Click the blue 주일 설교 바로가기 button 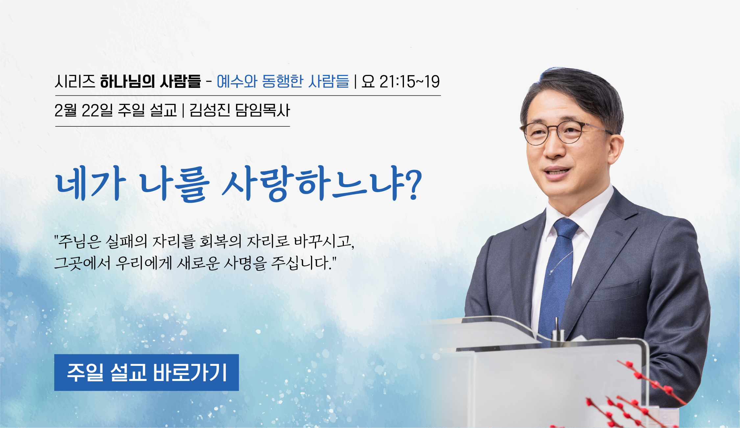pyautogui.click(x=146, y=372)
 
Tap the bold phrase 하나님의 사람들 pyautogui.click(x=151, y=82)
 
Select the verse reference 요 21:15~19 pyautogui.click(x=400, y=82)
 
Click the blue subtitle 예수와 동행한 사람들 pyautogui.click(x=283, y=82)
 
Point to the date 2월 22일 pyautogui.click(x=84, y=110)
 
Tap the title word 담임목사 pyautogui.click(x=263, y=110)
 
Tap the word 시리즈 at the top pyautogui.click(x=75, y=82)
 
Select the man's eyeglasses pyautogui.click(x=565, y=132)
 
